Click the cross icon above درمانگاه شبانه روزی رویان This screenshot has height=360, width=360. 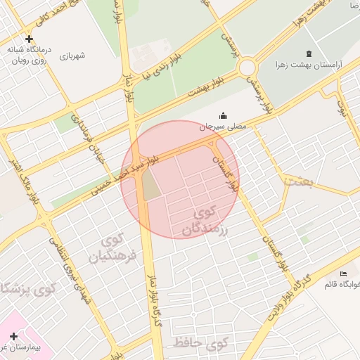coord(28,39)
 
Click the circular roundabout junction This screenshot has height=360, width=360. coord(247,68)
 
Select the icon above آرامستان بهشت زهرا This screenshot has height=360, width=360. coord(310,53)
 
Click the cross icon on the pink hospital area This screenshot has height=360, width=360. coord(13,336)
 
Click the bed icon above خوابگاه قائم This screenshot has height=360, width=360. coord(343,274)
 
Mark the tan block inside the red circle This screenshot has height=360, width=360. coord(150,184)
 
